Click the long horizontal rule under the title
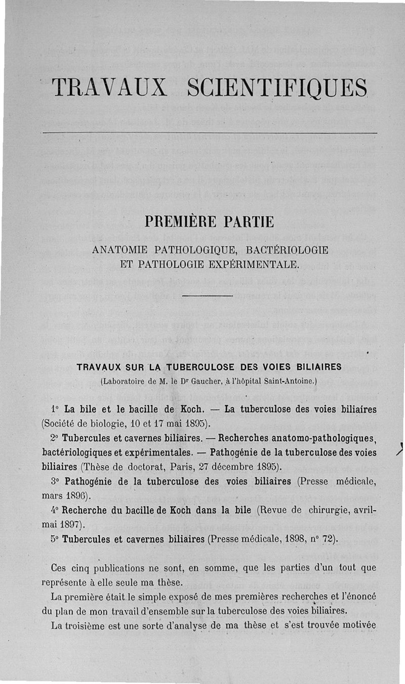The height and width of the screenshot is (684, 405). [210, 133]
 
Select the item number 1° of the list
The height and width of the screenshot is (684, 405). [55, 409]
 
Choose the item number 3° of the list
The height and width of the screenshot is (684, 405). [56, 482]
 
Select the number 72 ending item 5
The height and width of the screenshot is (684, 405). [329, 539]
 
